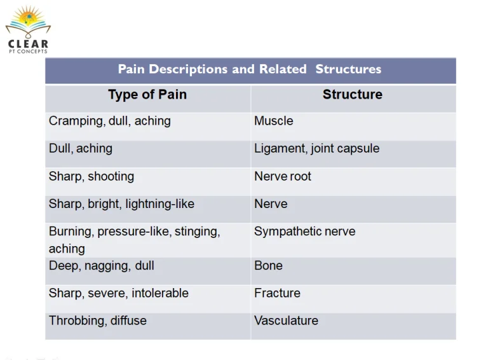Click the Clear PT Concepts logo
coord(28,30)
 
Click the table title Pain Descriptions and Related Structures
coord(250,69)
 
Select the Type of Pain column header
coord(147,95)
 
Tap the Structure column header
coord(352,94)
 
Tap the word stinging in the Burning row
coord(198,232)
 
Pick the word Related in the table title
coord(283,69)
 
